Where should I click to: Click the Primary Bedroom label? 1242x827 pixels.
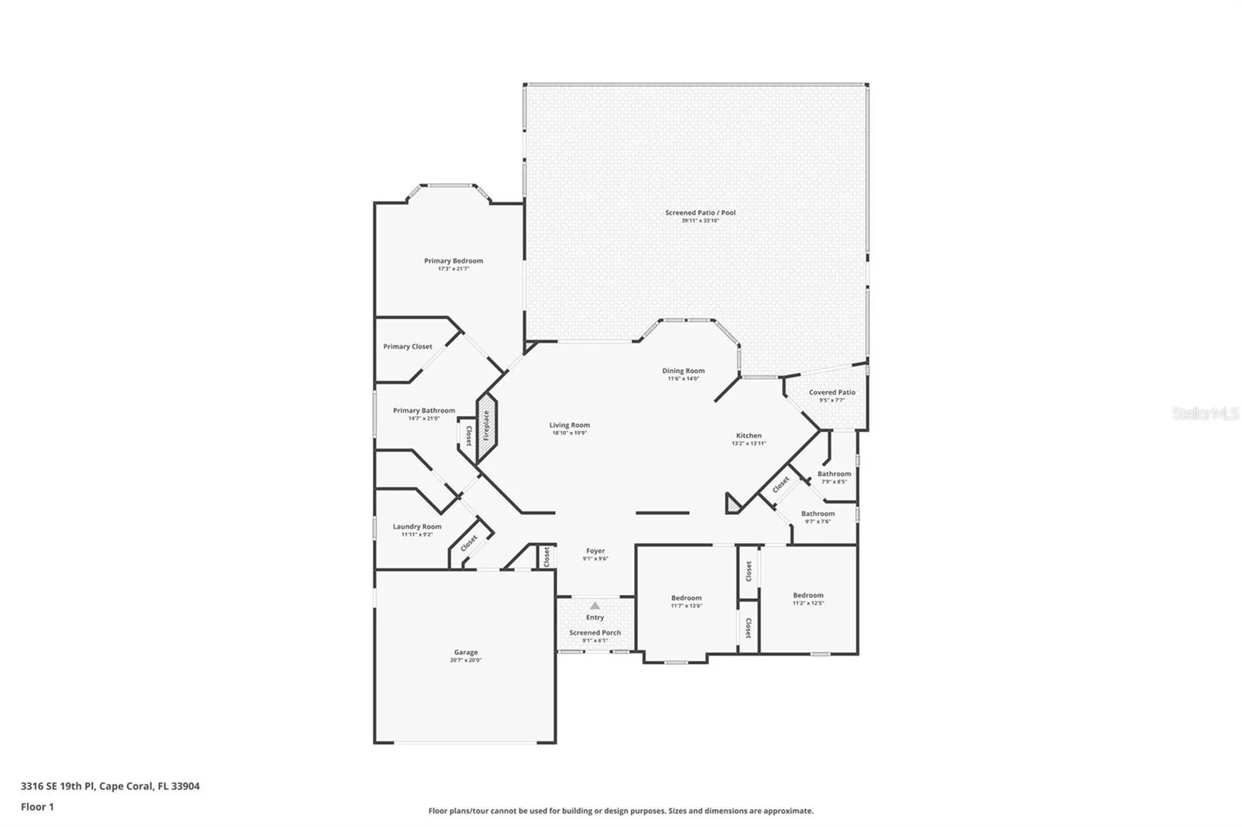point(453,261)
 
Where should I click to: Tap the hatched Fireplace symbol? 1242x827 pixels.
point(487,427)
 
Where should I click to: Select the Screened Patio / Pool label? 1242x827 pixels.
point(700,212)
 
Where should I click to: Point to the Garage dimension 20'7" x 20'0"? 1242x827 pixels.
point(466,660)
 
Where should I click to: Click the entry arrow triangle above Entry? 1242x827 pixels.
point(594,606)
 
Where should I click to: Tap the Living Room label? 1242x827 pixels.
point(569,425)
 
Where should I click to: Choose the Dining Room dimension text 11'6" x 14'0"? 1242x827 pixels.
point(683,379)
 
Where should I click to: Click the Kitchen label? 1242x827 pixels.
point(748,435)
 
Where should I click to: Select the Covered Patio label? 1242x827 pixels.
point(832,392)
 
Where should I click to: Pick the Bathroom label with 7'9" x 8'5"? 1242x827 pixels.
point(834,473)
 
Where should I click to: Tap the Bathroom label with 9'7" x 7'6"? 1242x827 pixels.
point(818,513)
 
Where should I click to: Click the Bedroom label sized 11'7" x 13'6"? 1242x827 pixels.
point(686,597)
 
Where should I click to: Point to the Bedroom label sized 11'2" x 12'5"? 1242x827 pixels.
point(808,595)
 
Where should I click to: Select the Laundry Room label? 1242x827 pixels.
point(417,526)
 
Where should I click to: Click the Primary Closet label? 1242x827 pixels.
point(408,347)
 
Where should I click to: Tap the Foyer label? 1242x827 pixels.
point(595,551)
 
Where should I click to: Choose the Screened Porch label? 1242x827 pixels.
point(594,632)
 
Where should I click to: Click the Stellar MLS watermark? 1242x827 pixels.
point(1204,413)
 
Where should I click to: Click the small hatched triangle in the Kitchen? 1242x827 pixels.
point(732,505)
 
